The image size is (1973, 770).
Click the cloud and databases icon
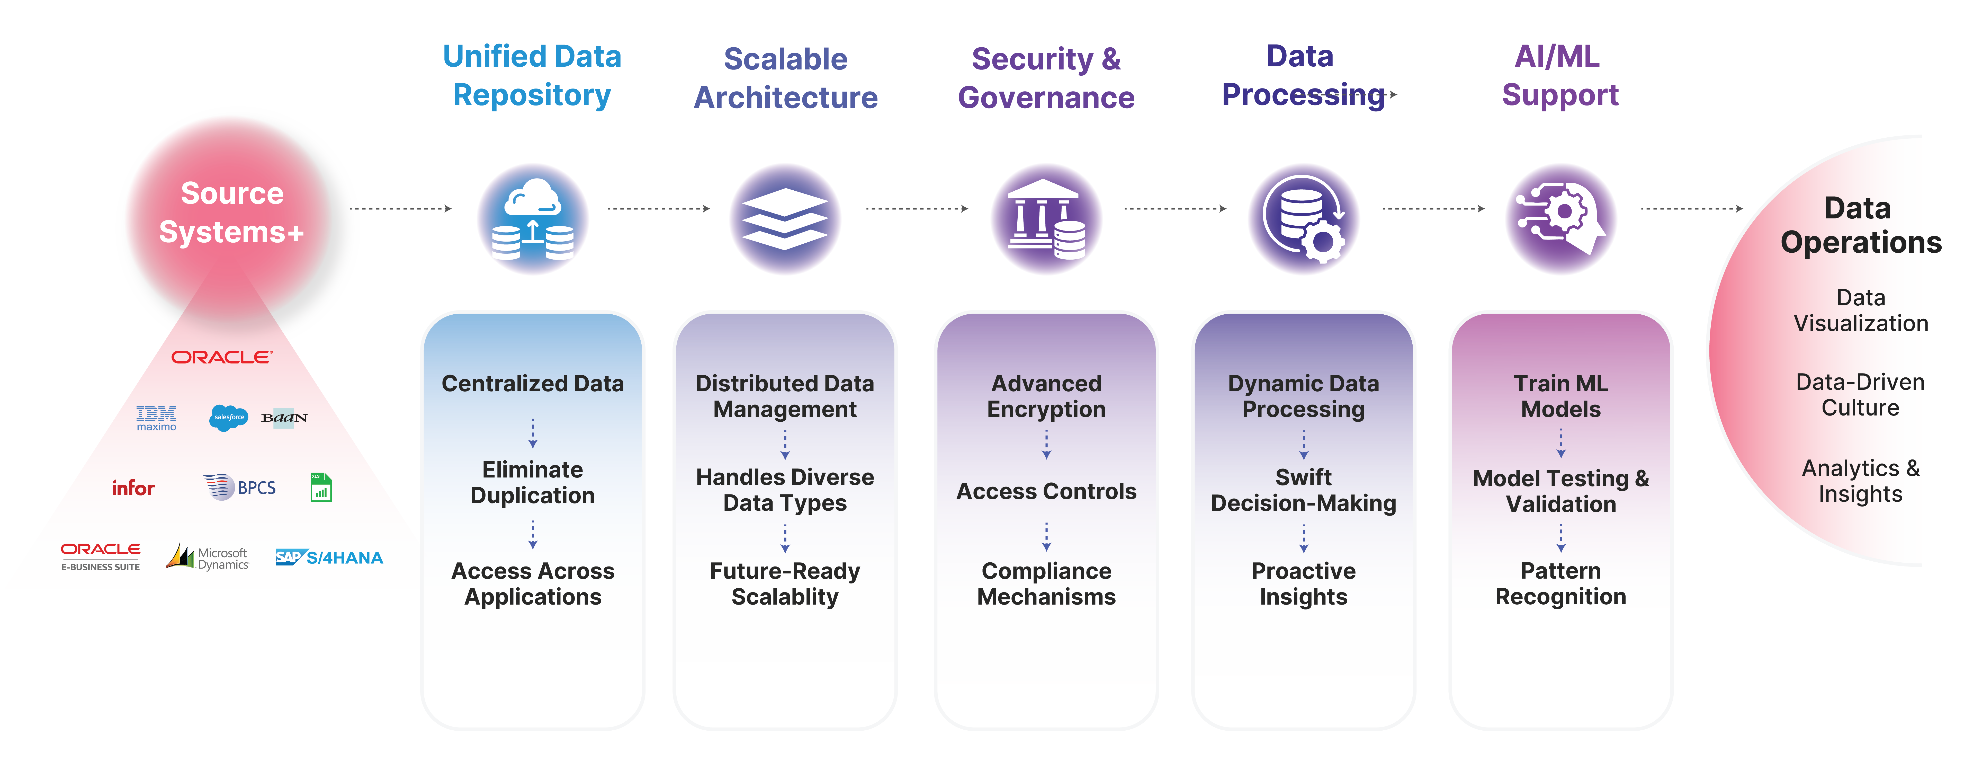pos(532,219)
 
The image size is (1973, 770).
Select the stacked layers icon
pos(785,219)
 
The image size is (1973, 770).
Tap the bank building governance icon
pos(1046,219)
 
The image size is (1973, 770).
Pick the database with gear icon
pos(1304,219)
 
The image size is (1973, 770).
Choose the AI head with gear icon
pos(1561,219)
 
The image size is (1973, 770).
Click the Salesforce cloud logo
pos(228,418)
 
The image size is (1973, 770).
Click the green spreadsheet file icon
pos(321,487)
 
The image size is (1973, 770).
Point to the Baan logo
pos(284,418)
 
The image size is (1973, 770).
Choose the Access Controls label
pos(1046,491)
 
